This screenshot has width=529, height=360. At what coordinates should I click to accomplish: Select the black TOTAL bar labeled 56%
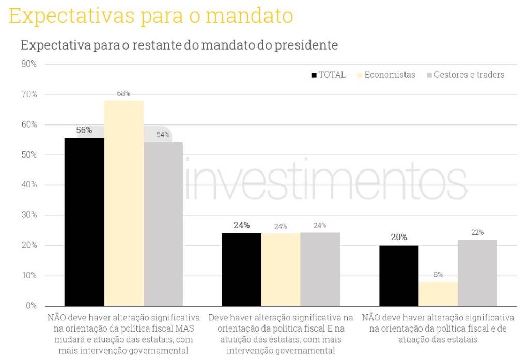click(84, 222)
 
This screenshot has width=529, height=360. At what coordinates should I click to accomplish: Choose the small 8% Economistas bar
click(438, 293)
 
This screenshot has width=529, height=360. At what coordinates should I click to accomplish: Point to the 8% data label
click(438, 275)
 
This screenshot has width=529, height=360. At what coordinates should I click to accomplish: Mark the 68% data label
click(124, 93)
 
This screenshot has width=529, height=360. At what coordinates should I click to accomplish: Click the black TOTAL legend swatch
click(314, 75)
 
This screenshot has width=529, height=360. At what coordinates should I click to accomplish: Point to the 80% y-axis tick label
click(28, 64)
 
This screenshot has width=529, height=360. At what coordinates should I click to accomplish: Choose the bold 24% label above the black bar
click(241, 225)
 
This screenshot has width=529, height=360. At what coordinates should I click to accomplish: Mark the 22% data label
click(477, 232)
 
